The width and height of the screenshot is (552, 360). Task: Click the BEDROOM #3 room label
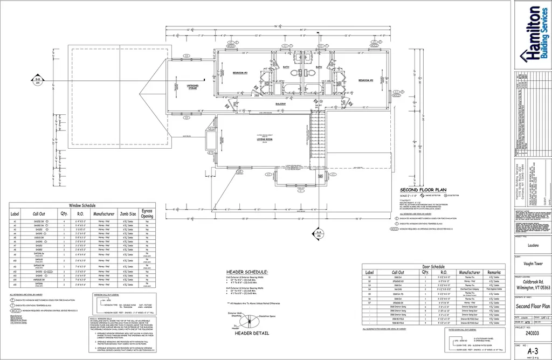240,72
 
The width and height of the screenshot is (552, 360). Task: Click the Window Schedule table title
82,206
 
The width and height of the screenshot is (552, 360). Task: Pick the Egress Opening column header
147,214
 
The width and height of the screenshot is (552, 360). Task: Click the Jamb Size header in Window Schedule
128,214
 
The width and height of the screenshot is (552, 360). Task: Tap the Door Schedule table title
434,267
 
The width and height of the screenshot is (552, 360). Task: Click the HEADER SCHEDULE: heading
247,272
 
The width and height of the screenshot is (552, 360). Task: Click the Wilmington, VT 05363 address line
531,289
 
